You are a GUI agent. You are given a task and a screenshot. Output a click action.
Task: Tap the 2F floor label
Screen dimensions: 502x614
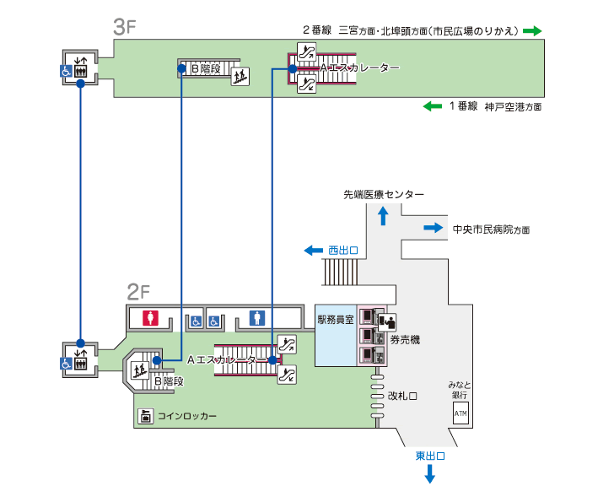pyautogui.click(x=137, y=293)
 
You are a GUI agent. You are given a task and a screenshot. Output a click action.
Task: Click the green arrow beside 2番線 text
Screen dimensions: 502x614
pyautogui.click(x=531, y=30)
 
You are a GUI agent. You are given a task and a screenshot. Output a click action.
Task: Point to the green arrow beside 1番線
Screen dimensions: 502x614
pyautogui.click(x=432, y=106)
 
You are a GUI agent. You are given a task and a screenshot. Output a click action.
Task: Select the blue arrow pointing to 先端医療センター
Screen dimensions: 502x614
pyautogui.click(x=383, y=216)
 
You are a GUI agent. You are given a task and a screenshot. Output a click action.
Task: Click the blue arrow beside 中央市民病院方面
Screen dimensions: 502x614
pyautogui.click(x=433, y=228)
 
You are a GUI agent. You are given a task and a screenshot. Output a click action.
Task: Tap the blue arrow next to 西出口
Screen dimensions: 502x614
pyautogui.click(x=313, y=251)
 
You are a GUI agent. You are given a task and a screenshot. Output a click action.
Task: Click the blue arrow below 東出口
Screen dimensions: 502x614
pyautogui.click(x=429, y=475)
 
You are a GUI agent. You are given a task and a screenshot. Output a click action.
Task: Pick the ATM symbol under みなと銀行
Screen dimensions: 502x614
pyautogui.click(x=460, y=414)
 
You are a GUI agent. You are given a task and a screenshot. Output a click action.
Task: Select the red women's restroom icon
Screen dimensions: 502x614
pyautogui.click(x=150, y=318)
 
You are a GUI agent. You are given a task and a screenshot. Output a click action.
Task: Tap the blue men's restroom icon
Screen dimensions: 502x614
pyautogui.click(x=258, y=318)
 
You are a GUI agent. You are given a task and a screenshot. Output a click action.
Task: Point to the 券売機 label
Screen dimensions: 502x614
pyautogui.click(x=405, y=339)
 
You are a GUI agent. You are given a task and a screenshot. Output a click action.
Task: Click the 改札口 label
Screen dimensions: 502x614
pyautogui.click(x=403, y=395)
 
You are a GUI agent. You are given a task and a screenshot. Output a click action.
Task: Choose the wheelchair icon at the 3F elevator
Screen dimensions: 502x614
pyautogui.click(x=65, y=73)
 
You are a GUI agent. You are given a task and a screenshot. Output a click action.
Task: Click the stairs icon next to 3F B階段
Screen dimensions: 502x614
pyautogui.click(x=240, y=75)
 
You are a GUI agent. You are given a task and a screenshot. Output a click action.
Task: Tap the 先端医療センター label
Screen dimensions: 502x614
pyautogui.click(x=384, y=195)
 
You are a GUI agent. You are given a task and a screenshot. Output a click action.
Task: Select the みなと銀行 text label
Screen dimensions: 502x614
pyautogui.click(x=460, y=390)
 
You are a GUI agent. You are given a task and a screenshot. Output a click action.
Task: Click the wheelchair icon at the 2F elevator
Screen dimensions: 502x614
pyautogui.click(x=65, y=364)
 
